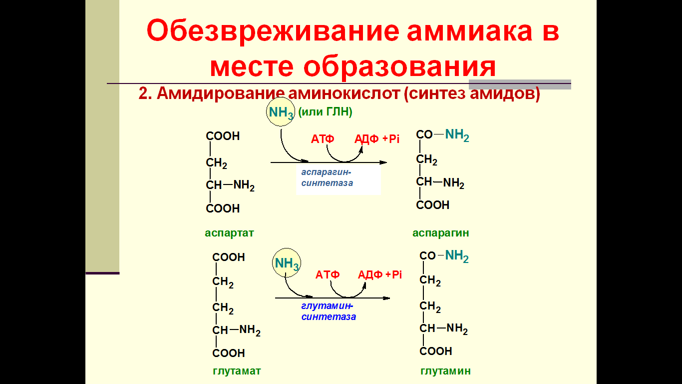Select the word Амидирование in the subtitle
point(221,93)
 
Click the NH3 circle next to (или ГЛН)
point(281,112)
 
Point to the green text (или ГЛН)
point(325,111)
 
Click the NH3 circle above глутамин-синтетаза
point(287,263)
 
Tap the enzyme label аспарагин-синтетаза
point(327,177)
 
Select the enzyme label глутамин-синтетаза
point(329,311)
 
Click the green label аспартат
point(229,233)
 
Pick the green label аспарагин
point(440,233)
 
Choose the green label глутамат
point(237,371)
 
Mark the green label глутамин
point(445,371)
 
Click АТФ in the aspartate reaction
point(323,139)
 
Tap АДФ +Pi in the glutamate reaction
point(379,275)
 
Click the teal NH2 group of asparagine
point(457,135)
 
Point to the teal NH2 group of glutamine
point(457,256)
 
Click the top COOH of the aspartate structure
point(223,136)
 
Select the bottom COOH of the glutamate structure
point(229,353)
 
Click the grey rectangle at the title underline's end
point(520,84)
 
